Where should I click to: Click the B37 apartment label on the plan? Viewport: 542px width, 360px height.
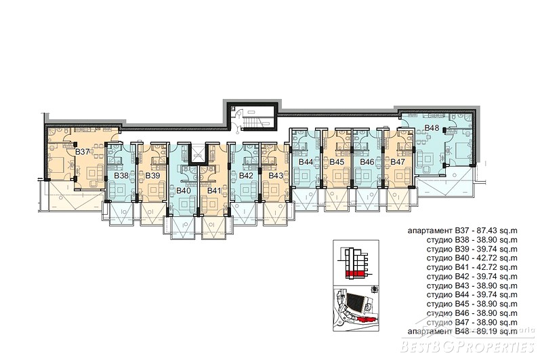pyautogui.click(x=83, y=151)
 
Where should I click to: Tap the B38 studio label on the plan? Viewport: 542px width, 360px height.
pyautogui.click(x=121, y=176)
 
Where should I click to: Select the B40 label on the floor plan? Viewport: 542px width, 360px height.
pyautogui.click(x=184, y=191)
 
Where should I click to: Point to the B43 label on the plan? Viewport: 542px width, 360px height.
pyautogui.click(x=276, y=176)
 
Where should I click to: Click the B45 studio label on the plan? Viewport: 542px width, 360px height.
pyautogui.click(x=337, y=162)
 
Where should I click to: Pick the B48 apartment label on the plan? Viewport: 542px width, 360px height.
pyautogui.click(x=432, y=128)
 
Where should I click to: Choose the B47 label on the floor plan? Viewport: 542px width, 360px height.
pyautogui.click(x=398, y=162)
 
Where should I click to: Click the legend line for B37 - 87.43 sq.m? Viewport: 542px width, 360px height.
pyautogui.click(x=463, y=231)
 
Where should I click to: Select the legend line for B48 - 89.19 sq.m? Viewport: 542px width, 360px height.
pyautogui.click(x=463, y=332)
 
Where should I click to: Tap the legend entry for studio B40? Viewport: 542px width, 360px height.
pyautogui.click(x=472, y=258)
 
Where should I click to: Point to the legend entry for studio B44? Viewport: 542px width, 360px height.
pyautogui.click(x=472, y=295)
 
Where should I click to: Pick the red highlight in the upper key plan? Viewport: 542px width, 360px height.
pyautogui.click(x=354, y=274)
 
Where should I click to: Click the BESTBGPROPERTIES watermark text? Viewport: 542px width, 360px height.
pyautogui.click(x=467, y=346)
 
